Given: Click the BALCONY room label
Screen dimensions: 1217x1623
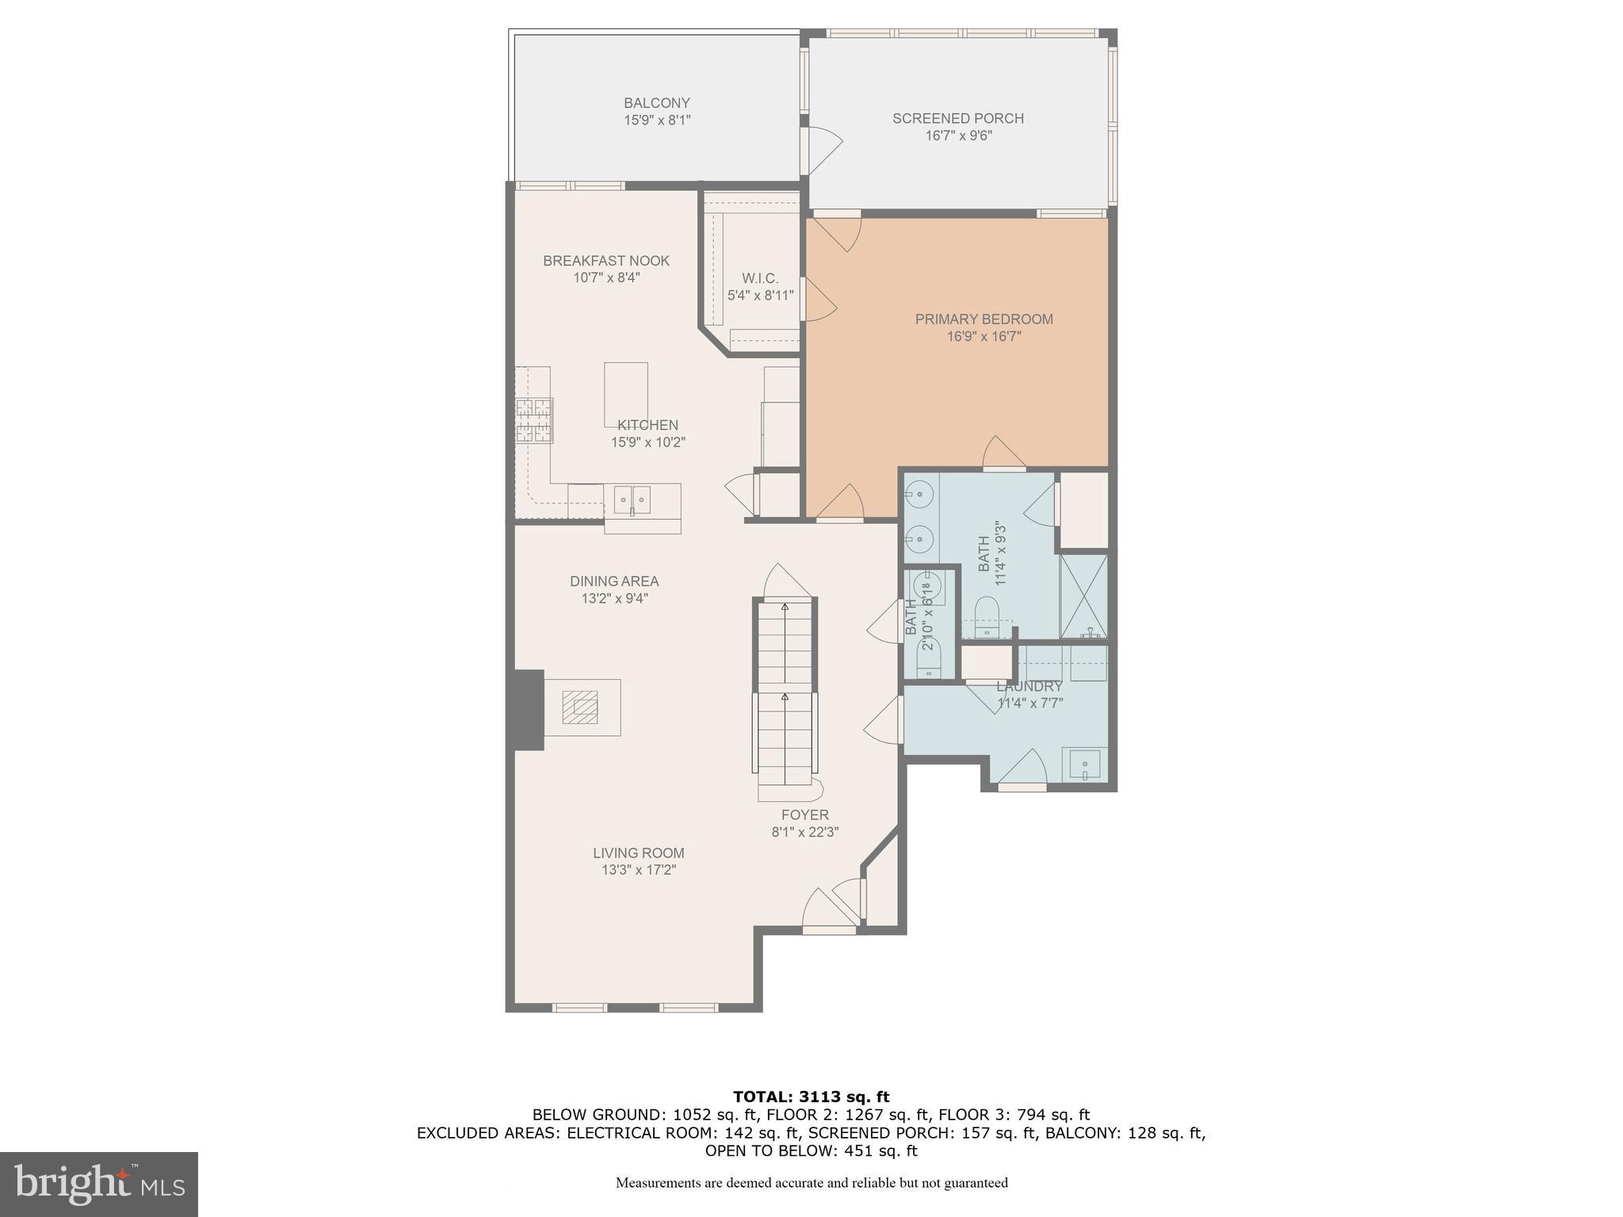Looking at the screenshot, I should point(656,103).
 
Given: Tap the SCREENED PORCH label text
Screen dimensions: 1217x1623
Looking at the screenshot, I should point(957,119).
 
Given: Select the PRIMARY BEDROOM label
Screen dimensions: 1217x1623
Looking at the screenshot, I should point(983,319).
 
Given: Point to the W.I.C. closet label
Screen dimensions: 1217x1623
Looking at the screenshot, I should point(760,279).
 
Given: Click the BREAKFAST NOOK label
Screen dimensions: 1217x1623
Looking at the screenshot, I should point(606,261).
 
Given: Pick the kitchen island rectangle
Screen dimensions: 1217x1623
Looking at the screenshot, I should point(625,394).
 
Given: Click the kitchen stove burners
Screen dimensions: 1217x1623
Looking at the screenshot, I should point(534,421).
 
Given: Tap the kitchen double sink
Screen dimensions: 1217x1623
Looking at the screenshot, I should point(632,500).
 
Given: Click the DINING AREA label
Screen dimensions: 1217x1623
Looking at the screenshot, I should point(614,582).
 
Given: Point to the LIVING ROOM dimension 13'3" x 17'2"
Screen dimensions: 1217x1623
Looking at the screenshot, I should point(638,870).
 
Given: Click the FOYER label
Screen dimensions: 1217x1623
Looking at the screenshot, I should point(804,815).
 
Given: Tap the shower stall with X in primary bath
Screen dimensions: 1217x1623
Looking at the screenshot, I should point(1083,596).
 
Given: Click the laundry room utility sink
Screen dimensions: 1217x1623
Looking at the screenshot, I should point(1084,765).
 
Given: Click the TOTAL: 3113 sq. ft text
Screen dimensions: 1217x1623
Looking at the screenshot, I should point(811,1097).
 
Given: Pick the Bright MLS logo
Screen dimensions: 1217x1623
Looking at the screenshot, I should point(98,1184).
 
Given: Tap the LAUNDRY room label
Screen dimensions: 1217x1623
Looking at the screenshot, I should point(1029,686).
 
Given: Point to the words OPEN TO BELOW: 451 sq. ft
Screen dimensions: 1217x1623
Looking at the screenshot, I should point(811,1150).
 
